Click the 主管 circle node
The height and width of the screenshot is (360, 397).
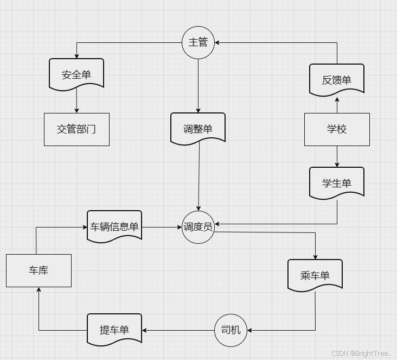click(198, 42)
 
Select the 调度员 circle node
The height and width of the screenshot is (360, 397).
click(198, 227)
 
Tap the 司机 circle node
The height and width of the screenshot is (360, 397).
click(230, 330)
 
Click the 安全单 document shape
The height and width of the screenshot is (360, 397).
click(76, 74)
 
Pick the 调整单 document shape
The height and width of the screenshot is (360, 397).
click(198, 129)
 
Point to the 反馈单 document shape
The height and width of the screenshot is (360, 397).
click(337, 80)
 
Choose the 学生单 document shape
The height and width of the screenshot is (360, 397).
click(337, 183)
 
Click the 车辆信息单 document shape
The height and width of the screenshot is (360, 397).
click(114, 226)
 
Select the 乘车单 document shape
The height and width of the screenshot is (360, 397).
click(315, 275)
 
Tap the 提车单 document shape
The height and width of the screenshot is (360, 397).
click(114, 329)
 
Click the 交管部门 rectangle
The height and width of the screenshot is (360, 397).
click(76, 129)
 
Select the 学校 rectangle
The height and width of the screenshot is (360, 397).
click(337, 129)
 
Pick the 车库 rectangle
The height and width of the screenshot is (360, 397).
click(39, 270)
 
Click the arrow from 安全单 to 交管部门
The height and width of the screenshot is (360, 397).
click(76, 101)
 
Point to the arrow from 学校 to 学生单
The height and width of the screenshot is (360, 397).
click(337, 156)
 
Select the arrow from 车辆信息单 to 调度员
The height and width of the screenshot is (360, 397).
click(162, 227)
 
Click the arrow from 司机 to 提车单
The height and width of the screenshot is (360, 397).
click(178, 330)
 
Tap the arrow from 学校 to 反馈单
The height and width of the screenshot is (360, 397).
click(337, 105)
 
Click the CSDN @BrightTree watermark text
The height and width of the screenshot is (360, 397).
click(361, 353)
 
